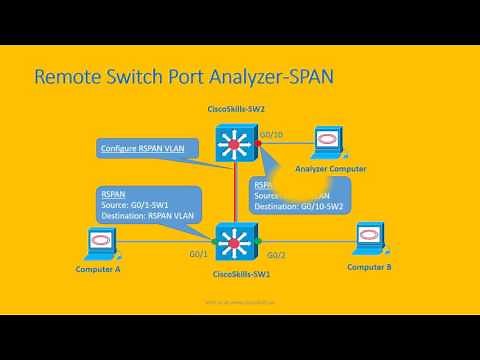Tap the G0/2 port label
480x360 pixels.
click(277, 256)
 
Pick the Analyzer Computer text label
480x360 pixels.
click(331, 169)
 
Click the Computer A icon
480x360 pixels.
click(102, 241)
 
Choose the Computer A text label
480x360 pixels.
click(98, 270)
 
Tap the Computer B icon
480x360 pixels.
click(370, 241)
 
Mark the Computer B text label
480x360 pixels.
click(369, 268)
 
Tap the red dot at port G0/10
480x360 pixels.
click(257, 144)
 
